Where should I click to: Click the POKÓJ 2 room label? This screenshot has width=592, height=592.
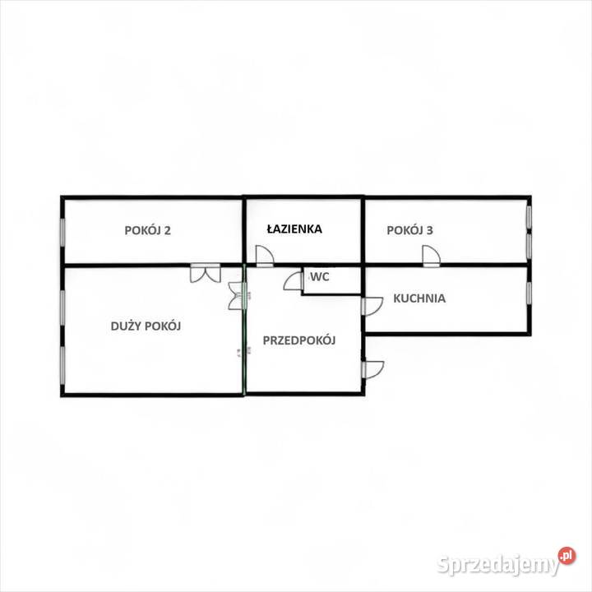pos(148,230)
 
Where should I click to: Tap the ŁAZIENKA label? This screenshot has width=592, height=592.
pos(294,229)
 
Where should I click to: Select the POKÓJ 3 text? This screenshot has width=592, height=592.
pos(409,230)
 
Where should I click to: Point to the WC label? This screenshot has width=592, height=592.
pos(319,277)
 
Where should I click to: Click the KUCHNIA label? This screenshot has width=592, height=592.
pos(419,298)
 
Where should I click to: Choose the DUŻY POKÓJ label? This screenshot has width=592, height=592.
pos(146,326)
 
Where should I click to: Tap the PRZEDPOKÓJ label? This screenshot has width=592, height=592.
pos(299,340)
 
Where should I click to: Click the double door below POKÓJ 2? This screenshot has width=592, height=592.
pos(205,273)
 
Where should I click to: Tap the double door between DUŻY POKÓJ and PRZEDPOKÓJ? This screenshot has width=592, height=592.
pos(238,296)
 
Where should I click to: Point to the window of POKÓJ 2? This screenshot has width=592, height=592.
pos(62,232)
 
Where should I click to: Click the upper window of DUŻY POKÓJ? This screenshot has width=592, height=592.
pos(62,307)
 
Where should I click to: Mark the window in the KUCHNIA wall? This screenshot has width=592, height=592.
pos(529,293)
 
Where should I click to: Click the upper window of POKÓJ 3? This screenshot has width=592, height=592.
pos(529,217)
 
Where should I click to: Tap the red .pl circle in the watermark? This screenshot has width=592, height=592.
pos(567,556)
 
